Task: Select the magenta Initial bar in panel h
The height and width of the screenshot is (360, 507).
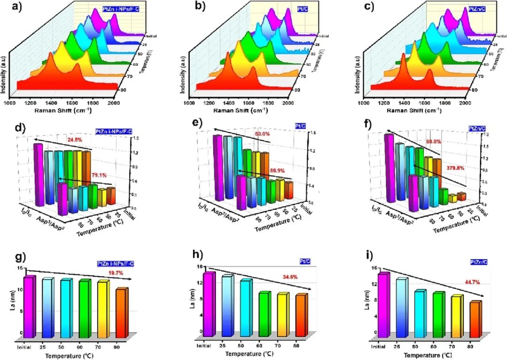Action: point(209,304)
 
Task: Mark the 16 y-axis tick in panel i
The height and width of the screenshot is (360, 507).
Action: point(374,268)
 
